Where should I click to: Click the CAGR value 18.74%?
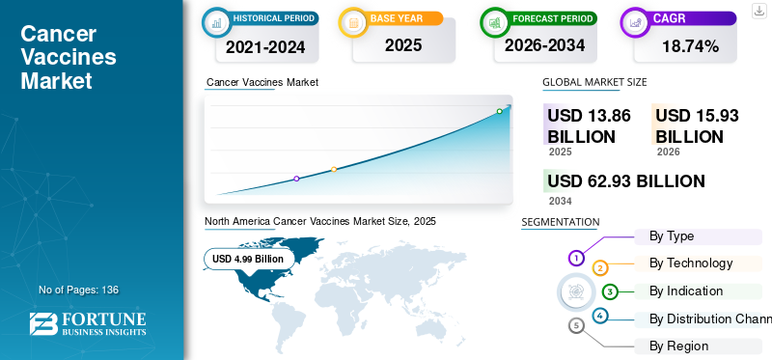[x=690, y=45]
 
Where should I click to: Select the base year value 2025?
[x=403, y=44]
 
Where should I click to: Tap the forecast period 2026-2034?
[x=545, y=45]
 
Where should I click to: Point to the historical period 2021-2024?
[x=265, y=45]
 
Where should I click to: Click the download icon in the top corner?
[x=758, y=10]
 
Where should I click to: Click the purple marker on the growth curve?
[x=296, y=179]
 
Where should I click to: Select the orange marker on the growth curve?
[x=334, y=170]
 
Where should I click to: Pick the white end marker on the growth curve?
[x=499, y=112]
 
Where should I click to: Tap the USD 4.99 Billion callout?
[x=248, y=259]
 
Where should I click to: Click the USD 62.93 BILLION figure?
[x=625, y=181]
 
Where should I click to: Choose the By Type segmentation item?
[x=672, y=235]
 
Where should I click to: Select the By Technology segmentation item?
[x=691, y=263]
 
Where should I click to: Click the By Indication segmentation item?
[x=686, y=291]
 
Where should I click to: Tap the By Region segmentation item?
[x=679, y=346]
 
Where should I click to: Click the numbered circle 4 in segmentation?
[x=600, y=316]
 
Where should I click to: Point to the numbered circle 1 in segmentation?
[x=576, y=258]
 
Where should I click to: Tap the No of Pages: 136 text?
[x=78, y=290]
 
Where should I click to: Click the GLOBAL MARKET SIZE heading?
[x=594, y=82]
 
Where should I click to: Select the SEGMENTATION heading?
[x=560, y=222]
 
